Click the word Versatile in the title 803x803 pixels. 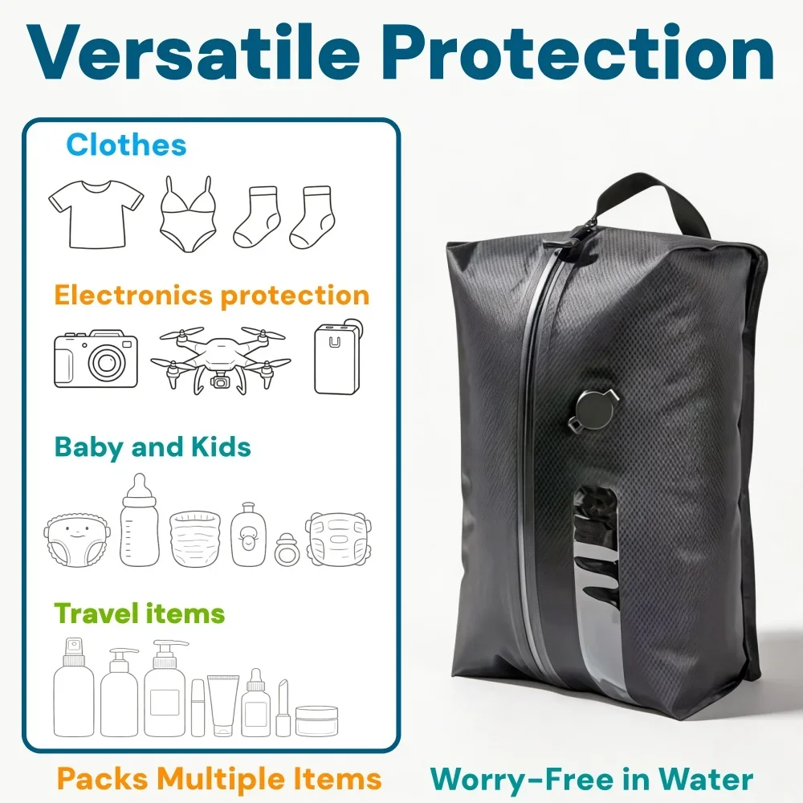(193, 52)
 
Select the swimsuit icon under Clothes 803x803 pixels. (187, 214)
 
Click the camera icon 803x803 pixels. (96, 358)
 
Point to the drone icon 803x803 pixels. (221, 360)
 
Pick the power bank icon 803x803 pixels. (337, 358)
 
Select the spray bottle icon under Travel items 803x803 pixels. (74, 687)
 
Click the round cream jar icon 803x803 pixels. (317, 720)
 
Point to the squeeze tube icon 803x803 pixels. (223, 705)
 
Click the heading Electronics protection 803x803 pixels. (212, 296)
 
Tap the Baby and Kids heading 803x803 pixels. (153, 447)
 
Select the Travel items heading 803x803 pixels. (139, 613)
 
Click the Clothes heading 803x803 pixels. (126, 145)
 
